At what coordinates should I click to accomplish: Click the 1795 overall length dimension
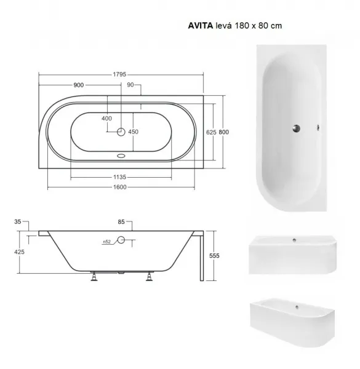click(x=119, y=74)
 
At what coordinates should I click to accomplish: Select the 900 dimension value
click(x=79, y=85)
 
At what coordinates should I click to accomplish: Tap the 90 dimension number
click(x=130, y=85)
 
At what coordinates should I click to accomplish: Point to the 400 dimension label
click(x=106, y=118)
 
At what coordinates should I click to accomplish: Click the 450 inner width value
click(x=134, y=132)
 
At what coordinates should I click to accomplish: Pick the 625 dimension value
click(x=211, y=132)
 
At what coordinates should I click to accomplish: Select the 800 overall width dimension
click(x=223, y=132)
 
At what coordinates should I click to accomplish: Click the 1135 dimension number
click(x=120, y=177)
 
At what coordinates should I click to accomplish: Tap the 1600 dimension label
click(x=120, y=187)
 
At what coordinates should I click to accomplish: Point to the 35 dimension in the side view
click(x=18, y=221)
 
